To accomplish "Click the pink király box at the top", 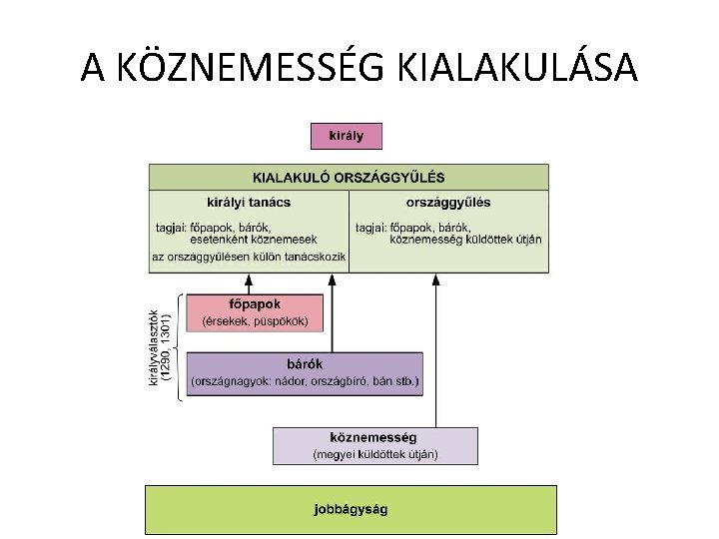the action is (x=346, y=136).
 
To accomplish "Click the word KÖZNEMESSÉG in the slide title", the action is (x=254, y=68).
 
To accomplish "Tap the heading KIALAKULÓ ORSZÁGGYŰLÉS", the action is (x=348, y=178).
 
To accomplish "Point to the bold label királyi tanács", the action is (x=249, y=202).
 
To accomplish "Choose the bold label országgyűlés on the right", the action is (x=448, y=202).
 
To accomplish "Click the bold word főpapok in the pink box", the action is (x=255, y=303).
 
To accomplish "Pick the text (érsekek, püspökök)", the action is (x=255, y=321).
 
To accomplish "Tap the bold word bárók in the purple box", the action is (x=304, y=363).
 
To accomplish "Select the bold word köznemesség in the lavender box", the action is (x=374, y=437).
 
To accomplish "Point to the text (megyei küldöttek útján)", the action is (x=374, y=454).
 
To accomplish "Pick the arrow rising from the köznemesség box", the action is (x=435, y=349).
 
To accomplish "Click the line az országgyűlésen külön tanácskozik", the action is (x=249, y=257).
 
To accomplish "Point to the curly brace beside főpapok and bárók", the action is (x=180, y=345).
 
